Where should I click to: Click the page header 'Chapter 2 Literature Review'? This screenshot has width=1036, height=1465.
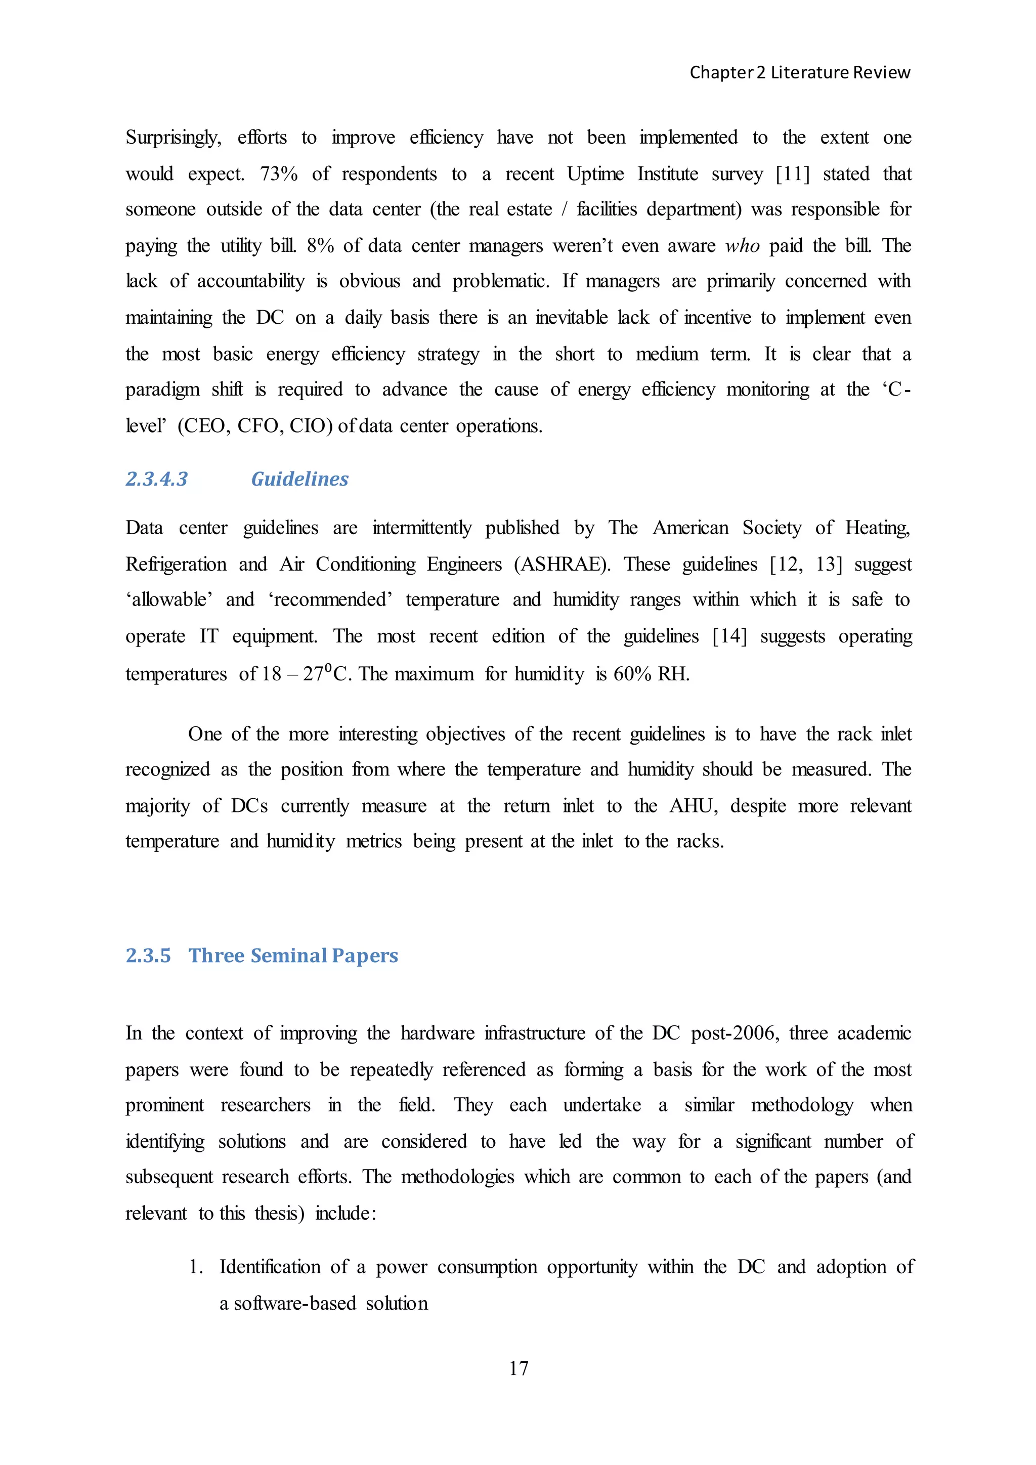[799, 73]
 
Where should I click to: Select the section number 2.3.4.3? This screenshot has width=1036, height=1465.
[156, 479]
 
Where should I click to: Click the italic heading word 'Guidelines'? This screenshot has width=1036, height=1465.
[300, 479]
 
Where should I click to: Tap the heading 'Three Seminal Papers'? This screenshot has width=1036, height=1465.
[293, 956]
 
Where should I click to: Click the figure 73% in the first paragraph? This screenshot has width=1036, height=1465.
[279, 174]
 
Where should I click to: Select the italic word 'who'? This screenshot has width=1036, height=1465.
[743, 246]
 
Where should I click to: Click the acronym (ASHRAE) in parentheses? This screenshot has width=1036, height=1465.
[562, 565]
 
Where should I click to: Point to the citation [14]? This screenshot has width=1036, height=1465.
[729, 637]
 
